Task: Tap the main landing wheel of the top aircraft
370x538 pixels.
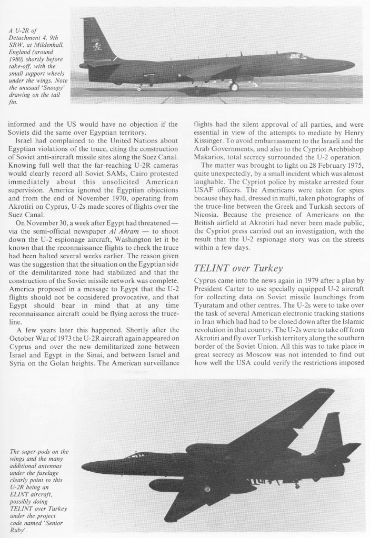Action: pyautogui.click(x=233, y=86)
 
